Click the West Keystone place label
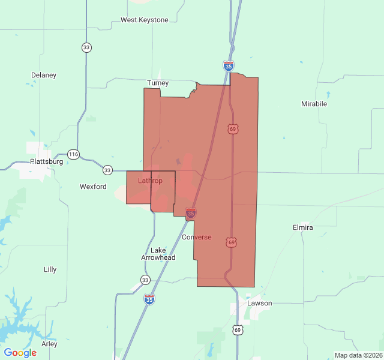pos(145,20)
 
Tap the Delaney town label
pos(44,75)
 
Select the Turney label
pos(158,83)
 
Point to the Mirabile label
pos(314,104)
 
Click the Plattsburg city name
pos(47,162)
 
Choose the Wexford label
pos(93,187)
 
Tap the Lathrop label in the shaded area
pos(150,181)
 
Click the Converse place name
pos(197,237)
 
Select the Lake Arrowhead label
pos(158,254)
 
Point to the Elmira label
pos(302,228)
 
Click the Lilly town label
pos(50,269)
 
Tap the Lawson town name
pos(259,303)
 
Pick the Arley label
pos(49,344)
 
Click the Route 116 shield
pos(73,154)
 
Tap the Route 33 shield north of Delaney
pos(87,47)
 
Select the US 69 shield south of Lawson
pos(238,330)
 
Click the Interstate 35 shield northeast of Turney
pos(229,65)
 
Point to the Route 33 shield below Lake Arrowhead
pos(145,280)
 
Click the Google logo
pos(20,353)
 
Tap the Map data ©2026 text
pos(358,355)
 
